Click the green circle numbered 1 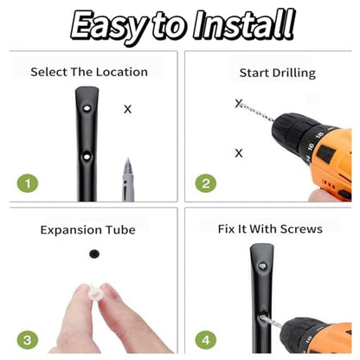[x=28, y=183]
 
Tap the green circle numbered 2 [x=206, y=183]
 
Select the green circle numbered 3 [x=28, y=340]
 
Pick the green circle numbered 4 [x=206, y=340]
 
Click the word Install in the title [x=244, y=25]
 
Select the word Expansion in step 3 [x=71, y=230]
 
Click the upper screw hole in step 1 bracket [x=87, y=109]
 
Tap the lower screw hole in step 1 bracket [x=87, y=157]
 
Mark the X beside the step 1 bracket [x=127, y=109]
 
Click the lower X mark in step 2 [x=239, y=153]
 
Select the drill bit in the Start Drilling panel [x=256, y=111]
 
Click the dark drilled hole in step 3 [x=94, y=254]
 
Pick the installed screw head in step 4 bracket [x=262, y=266]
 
